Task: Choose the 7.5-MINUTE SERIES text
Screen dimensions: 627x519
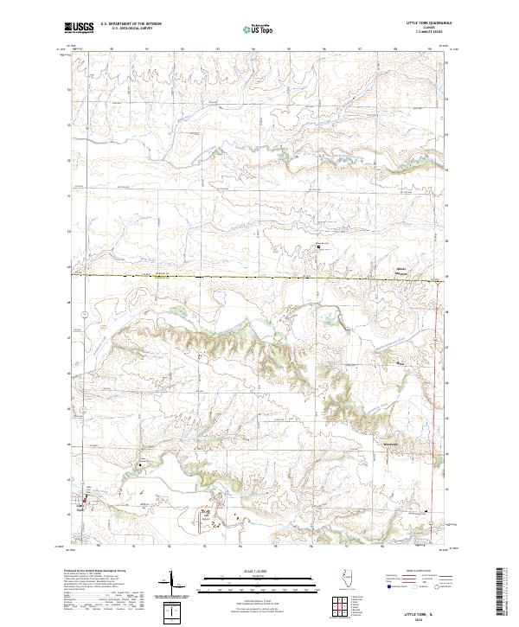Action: [x=440, y=34]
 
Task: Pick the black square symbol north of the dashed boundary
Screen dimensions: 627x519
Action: [x=317, y=246]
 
